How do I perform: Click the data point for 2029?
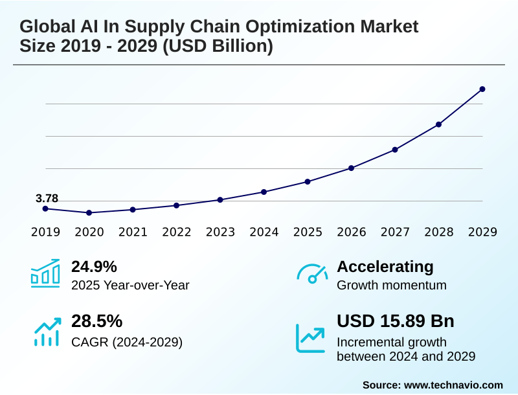[x=482, y=89]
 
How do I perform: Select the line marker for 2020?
[x=89, y=212]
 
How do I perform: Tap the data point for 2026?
[x=351, y=168]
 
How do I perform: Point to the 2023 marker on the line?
[x=220, y=199]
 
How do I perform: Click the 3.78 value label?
[x=47, y=198]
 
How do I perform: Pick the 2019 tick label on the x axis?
[x=45, y=232]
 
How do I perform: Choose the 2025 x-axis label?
[x=308, y=232]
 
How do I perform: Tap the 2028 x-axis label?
[x=438, y=232]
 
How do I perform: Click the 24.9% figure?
[x=94, y=266]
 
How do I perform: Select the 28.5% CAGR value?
[x=96, y=321]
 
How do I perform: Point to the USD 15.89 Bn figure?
[x=396, y=321]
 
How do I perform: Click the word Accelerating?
[x=385, y=266]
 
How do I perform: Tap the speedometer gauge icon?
[x=311, y=274]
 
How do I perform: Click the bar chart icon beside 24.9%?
[x=45, y=273]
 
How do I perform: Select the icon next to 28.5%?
[x=45, y=331]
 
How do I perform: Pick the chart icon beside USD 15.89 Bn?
[x=311, y=337]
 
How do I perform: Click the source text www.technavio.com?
[x=453, y=385]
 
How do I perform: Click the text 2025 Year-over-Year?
[x=130, y=285]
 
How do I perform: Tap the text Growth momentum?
[x=392, y=285]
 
